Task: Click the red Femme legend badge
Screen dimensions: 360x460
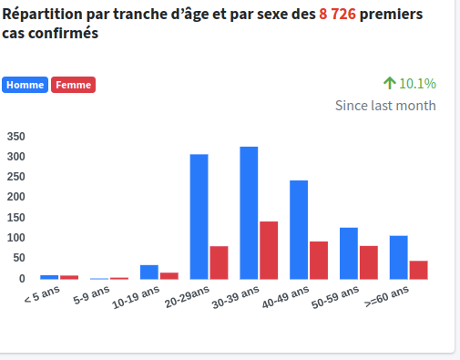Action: pos(74,85)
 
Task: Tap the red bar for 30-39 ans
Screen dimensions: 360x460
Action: pos(269,250)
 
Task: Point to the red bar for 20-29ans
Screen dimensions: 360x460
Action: pos(219,262)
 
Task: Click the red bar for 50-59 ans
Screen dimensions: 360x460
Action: pos(369,262)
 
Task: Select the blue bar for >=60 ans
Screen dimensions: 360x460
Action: pos(398,257)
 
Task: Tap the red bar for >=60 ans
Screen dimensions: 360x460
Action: pos(418,270)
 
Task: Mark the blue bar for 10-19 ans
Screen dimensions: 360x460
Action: pos(148,272)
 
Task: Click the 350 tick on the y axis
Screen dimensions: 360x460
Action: pos(16,136)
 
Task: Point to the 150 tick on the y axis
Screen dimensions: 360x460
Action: pos(16,217)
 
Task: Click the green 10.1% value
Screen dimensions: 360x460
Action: pos(417,83)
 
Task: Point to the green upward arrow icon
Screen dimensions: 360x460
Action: pos(389,83)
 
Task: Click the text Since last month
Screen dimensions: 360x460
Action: pos(385,106)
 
